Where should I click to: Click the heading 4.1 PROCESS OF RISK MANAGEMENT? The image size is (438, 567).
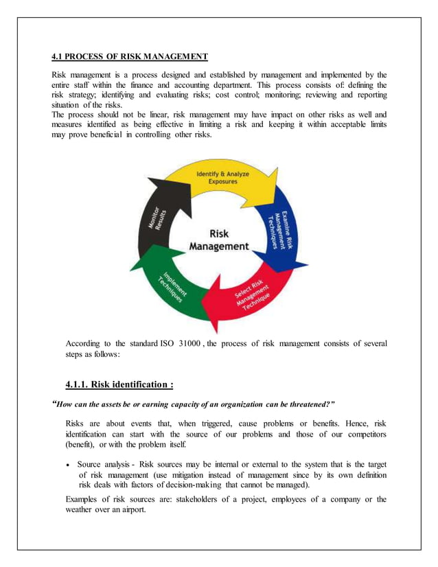click(x=130, y=56)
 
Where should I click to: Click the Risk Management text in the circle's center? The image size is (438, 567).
click(x=218, y=240)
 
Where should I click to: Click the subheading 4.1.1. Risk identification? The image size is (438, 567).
click(x=118, y=384)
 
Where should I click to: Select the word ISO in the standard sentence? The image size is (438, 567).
click(x=167, y=343)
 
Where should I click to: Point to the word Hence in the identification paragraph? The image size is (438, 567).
click(x=348, y=423)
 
